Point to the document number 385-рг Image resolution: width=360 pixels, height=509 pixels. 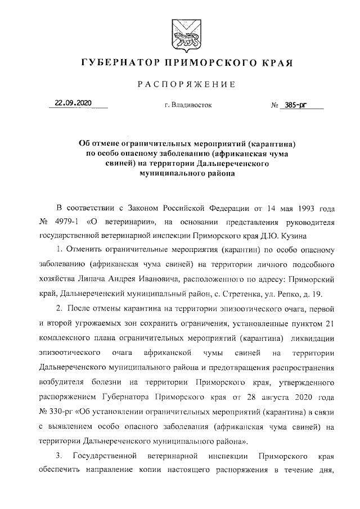pos(299,104)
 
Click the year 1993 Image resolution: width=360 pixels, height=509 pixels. pos(304,209)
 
